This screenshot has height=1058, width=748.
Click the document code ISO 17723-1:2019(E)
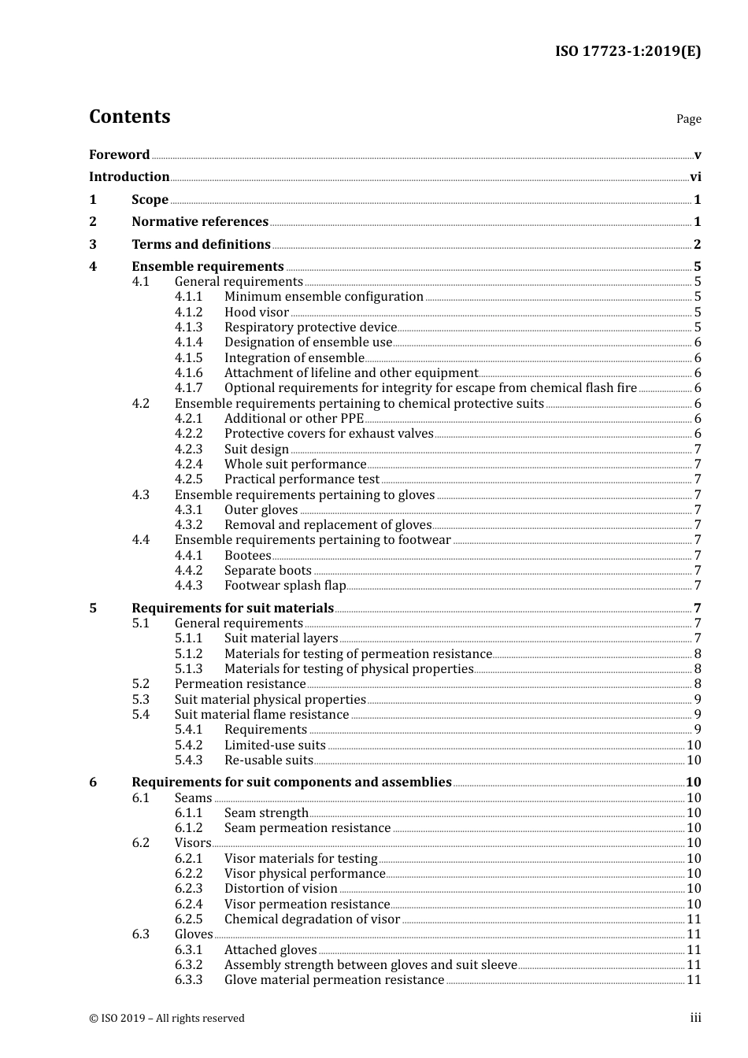pos(628,51)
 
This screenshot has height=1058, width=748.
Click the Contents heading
pos(129,117)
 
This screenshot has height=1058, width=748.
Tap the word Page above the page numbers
pos(688,119)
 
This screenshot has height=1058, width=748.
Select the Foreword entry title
pos(119,155)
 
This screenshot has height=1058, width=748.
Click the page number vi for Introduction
pos(695,177)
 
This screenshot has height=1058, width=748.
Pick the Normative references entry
pos(200,222)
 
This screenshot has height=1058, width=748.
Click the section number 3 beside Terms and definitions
pos(93,245)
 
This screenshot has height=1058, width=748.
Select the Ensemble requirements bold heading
pos(208,267)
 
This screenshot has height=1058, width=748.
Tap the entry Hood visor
pos(257,313)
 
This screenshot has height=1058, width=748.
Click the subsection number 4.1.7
pos(188,388)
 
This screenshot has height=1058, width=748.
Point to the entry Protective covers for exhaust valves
pos(329,434)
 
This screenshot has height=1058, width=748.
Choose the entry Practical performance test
pos(302,479)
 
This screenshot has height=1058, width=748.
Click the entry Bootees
pos(248,556)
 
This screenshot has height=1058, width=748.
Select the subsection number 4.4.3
pos(188,586)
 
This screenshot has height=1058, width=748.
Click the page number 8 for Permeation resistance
pos(698,684)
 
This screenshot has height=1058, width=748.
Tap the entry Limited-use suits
pos(275,745)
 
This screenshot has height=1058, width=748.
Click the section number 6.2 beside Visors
pos(141,843)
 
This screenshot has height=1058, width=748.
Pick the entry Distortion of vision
pos(281,889)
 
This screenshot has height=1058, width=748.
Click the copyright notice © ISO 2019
pos(167,1019)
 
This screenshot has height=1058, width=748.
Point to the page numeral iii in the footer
pos(695,1018)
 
